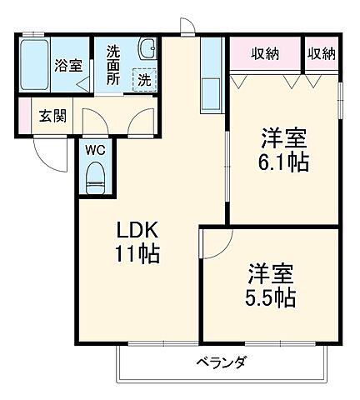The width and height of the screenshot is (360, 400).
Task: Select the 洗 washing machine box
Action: (143, 80)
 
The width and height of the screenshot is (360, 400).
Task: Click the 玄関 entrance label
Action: (52, 114)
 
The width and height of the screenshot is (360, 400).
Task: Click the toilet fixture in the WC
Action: (94, 176)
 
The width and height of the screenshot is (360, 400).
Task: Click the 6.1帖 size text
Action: (283, 162)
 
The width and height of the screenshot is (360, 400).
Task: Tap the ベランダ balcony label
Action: (221, 362)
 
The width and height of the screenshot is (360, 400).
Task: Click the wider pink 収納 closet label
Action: (266, 54)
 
